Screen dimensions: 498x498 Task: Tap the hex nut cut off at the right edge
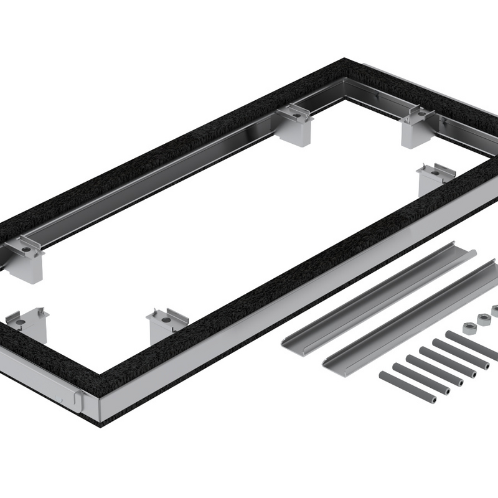[495, 310]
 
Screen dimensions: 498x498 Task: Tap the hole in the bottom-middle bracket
[166, 319]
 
